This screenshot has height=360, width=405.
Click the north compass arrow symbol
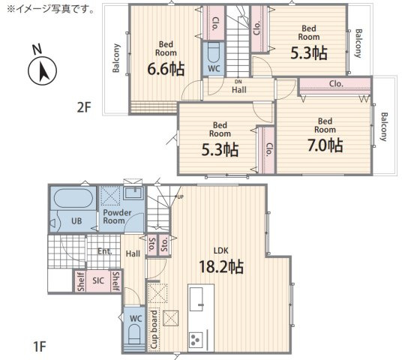[42, 70]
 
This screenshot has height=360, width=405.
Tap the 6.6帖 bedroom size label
[166, 69]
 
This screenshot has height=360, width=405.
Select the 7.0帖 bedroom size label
[325, 145]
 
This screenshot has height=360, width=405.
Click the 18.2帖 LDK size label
[221, 266]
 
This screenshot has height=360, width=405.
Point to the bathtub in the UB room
[73, 198]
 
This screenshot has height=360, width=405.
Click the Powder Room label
[114, 217]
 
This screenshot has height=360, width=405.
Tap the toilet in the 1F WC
[134, 334]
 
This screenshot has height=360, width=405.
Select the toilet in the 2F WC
[213, 52]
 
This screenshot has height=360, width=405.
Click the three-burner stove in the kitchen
[196, 340]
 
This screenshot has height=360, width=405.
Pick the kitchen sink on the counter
[196, 299]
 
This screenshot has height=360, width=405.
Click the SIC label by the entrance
[98, 280]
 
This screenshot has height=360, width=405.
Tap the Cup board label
[154, 329]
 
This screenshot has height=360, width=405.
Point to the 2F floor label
[84, 107]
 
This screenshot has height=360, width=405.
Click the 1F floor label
[40, 346]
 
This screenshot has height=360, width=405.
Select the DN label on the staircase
[238, 82]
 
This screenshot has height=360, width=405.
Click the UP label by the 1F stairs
[180, 197]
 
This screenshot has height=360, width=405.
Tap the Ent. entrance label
[104, 251]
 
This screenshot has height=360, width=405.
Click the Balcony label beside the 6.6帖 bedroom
[116, 58]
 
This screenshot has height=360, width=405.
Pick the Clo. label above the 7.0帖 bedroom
[336, 84]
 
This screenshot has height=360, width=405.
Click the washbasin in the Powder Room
[133, 193]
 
